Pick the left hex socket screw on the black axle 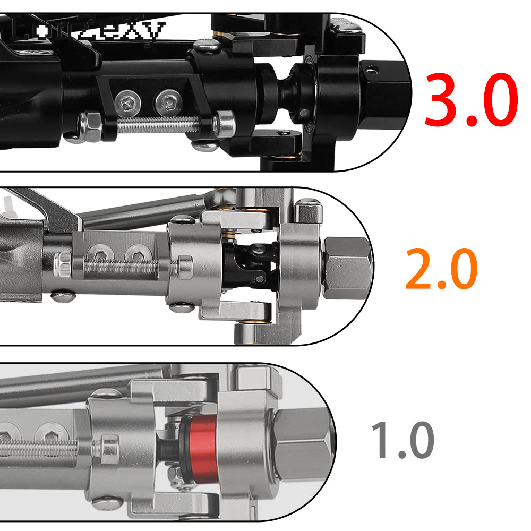coord(127,101)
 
